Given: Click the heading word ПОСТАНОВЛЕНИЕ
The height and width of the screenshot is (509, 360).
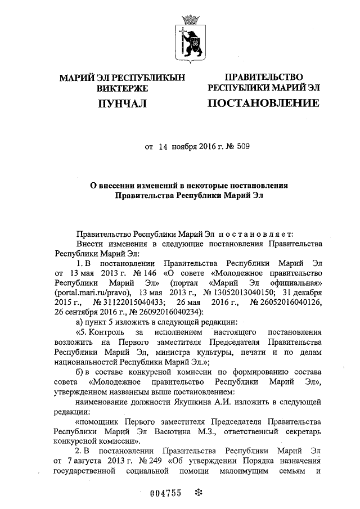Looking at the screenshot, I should [x=263, y=103].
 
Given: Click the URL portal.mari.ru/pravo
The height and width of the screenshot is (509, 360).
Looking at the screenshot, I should [x=93, y=293].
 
